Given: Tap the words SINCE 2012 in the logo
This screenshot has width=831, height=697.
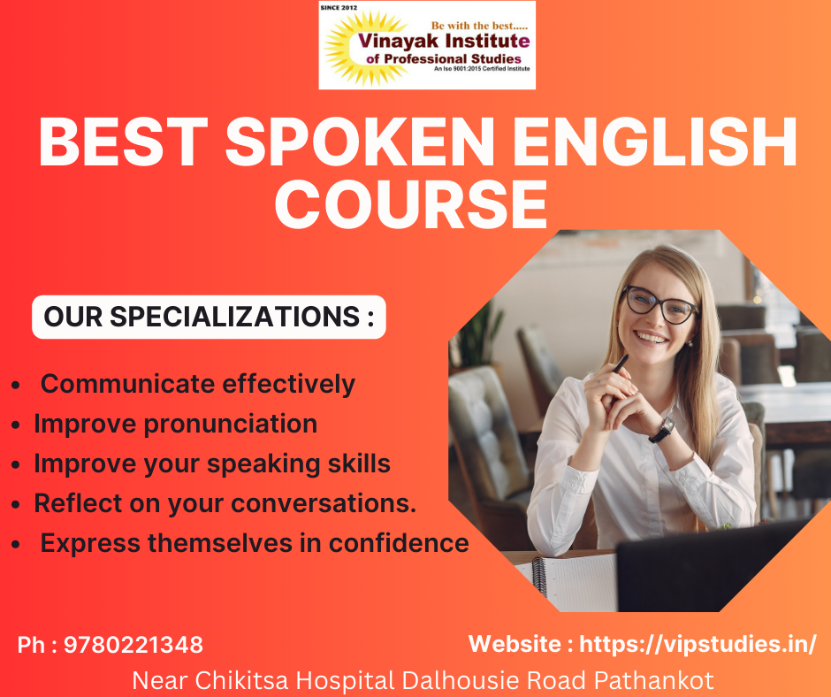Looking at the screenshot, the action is click(x=339, y=7).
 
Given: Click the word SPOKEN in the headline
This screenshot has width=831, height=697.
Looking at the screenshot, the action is click(x=360, y=142).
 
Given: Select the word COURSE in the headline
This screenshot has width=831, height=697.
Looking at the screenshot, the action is click(x=411, y=204).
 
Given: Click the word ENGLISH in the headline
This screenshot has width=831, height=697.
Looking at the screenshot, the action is click(x=655, y=142).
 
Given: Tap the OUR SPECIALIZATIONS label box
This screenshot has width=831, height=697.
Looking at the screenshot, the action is click(x=209, y=317).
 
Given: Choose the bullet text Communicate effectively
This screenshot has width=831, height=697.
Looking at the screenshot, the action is click(x=198, y=384).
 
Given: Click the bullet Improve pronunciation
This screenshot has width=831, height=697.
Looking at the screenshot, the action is click(x=175, y=424).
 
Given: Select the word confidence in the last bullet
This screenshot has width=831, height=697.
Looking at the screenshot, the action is click(x=399, y=543).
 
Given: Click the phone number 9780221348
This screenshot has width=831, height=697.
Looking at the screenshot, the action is click(x=133, y=645).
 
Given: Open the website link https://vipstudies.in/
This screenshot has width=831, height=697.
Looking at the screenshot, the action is click(x=698, y=644).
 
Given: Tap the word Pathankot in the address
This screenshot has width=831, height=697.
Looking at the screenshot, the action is click(x=653, y=680).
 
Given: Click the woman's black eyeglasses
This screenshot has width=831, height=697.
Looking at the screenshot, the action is click(x=659, y=304).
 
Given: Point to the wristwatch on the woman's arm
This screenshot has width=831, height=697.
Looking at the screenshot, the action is click(x=662, y=430).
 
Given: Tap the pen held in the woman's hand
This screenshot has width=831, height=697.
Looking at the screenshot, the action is click(x=618, y=366).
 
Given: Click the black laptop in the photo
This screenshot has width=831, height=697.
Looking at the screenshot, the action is click(x=705, y=568).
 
